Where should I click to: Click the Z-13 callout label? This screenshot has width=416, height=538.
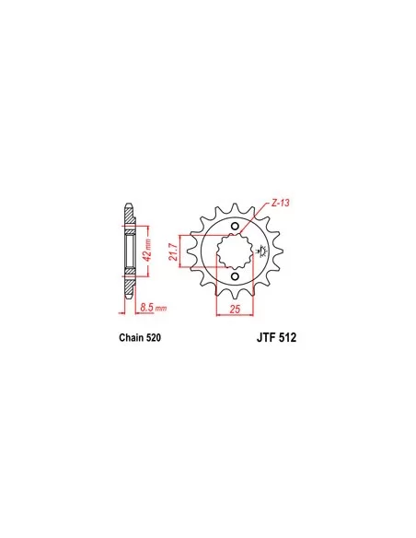[280, 203]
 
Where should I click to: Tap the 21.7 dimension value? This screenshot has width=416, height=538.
[174, 251]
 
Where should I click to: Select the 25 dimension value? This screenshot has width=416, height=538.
[235, 309]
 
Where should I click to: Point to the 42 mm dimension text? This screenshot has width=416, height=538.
[147, 251]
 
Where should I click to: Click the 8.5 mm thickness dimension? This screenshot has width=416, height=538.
[153, 308]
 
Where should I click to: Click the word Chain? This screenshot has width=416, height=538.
[131, 337]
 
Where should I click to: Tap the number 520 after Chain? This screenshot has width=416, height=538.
[153, 337]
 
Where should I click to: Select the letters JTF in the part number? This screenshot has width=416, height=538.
[266, 337]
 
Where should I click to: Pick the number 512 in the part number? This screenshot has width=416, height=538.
[287, 337]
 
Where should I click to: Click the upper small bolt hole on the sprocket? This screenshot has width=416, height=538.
[235, 226]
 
